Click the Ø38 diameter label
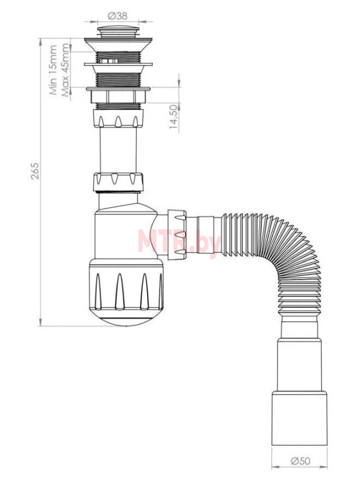click(118, 16)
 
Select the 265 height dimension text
click(35, 171)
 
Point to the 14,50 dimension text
click(174, 117)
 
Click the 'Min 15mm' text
click(53, 70)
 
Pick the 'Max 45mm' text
click(65, 70)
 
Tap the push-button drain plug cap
click(118, 32)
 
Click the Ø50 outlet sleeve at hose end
click(299, 418)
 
